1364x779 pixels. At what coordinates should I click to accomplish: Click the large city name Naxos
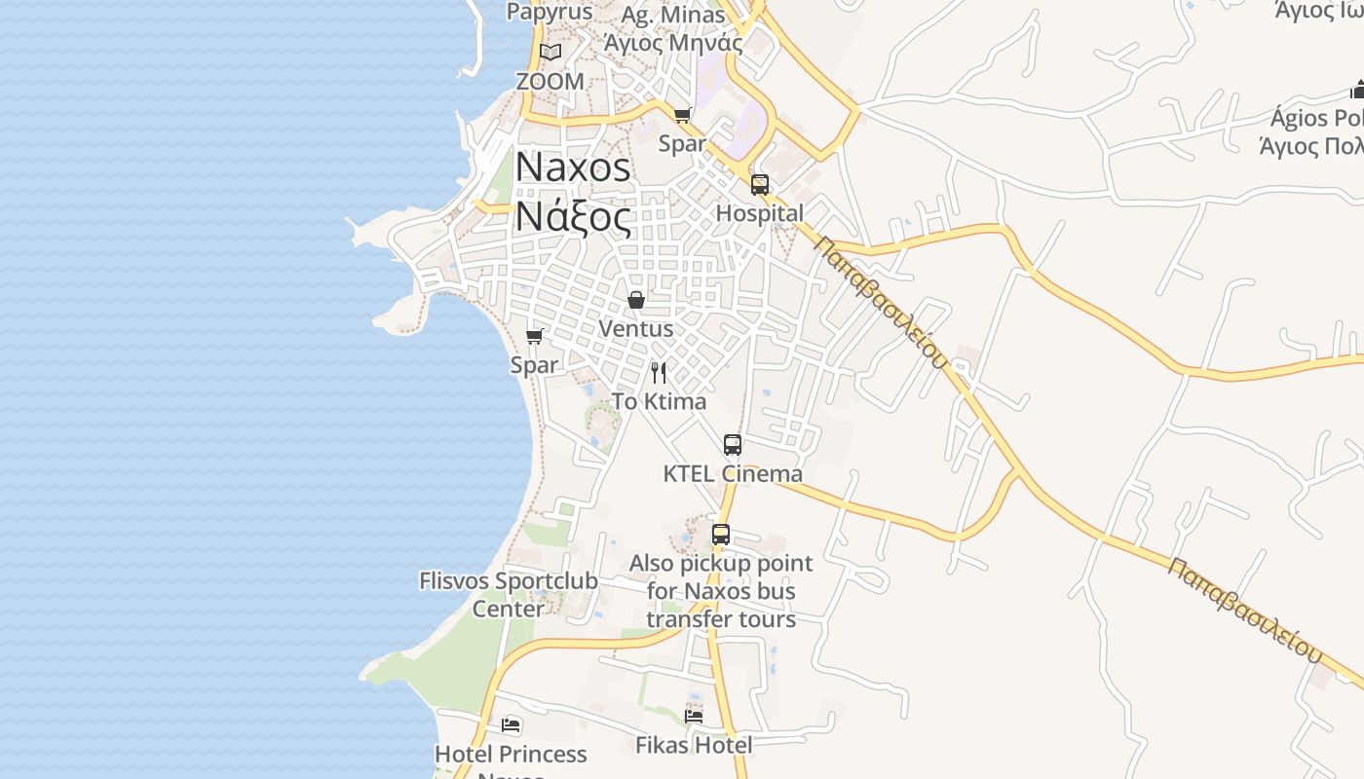pyautogui.click(x=573, y=167)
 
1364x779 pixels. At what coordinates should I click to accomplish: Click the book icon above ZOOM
pyautogui.click(x=550, y=52)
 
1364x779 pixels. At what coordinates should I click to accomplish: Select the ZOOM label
pyautogui.click(x=550, y=82)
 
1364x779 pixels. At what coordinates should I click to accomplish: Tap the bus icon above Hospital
pyautogui.click(x=760, y=184)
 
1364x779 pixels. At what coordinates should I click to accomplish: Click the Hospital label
pyautogui.click(x=760, y=213)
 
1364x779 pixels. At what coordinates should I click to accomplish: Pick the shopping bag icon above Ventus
pyautogui.click(x=636, y=300)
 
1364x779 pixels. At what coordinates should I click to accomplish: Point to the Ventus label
pyautogui.click(x=636, y=329)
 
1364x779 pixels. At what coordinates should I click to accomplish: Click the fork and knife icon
pyautogui.click(x=659, y=372)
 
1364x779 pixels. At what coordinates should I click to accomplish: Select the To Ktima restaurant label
pyautogui.click(x=659, y=401)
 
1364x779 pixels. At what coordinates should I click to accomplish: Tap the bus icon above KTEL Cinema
pyautogui.click(x=733, y=445)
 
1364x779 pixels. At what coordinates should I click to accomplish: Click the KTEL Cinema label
pyautogui.click(x=733, y=474)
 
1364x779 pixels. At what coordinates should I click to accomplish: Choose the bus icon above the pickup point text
pyautogui.click(x=721, y=534)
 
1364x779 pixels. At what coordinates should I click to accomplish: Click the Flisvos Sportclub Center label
pyautogui.click(x=509, y=595)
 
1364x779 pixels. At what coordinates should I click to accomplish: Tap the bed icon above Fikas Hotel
pyautogui.click(x=694, y=716)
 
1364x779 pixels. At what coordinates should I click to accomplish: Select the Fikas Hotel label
pyautogui.click(x=694, y=746)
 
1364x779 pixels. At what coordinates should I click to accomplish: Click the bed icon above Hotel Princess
pyautogui.click(x=511, y=724)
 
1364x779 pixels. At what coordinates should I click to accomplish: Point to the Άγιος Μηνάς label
pyautogui.click(x=673, y=43)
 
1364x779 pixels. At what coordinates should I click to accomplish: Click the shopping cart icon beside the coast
pyautogui.click(x=534, y=336)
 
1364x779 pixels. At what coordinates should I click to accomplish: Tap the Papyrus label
pyautogui.click(x=549, y=12)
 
